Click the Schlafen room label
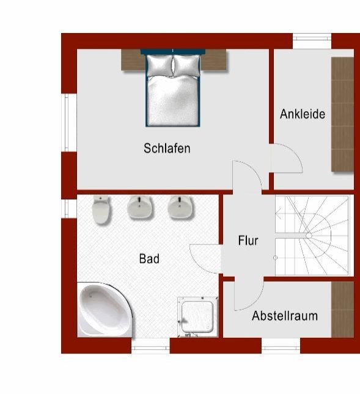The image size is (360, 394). [x=167, y=148]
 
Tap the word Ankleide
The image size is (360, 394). [x=303, y=114]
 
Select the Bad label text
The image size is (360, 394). [x=149, y=258]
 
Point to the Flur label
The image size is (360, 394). [x=248, y=241]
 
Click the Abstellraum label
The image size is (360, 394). [x=285, y=316]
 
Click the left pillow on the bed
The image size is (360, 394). [x=160, y=65]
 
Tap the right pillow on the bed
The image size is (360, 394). [x=186, y=65]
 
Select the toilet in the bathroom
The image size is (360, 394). [x=101, y=209]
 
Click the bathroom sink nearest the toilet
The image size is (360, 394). [x=139, y=206]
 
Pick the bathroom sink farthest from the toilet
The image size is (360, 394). [x=180, y=206]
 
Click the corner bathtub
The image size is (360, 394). [x=104, y=310]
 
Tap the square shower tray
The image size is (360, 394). [x=197, y=317]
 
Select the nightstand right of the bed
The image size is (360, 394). [x=214, y=60]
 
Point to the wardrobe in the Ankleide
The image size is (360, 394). [x=342, y=114]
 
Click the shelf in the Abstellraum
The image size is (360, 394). [x=342, y=310]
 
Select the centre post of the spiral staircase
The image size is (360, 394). [x=309, y=236]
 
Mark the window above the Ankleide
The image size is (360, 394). [x=312, y=38]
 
